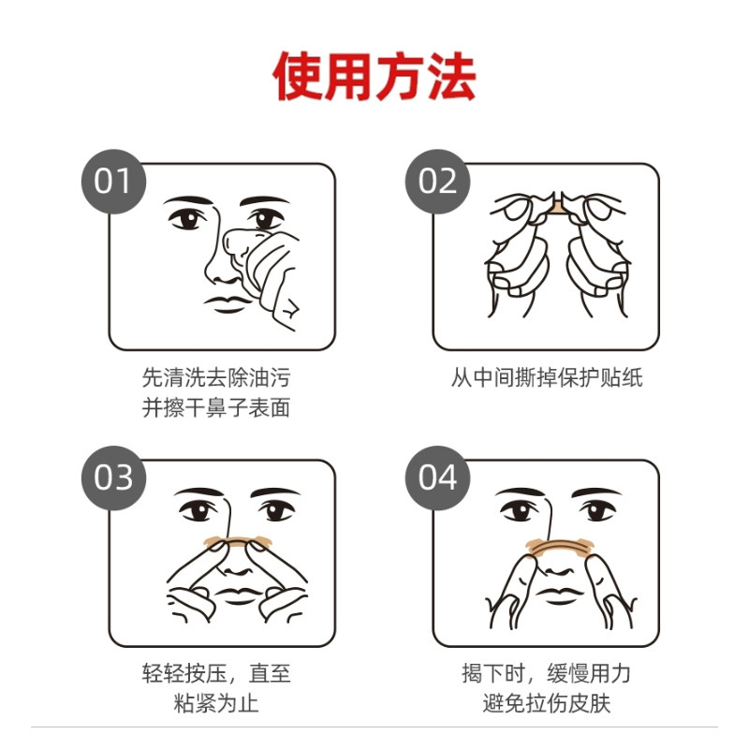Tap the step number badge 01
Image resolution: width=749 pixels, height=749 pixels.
click(x=114, y=181)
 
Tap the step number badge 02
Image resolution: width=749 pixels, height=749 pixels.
click(x=437, y=181)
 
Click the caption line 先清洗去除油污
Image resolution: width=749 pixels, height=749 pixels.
click(x=222, y=379)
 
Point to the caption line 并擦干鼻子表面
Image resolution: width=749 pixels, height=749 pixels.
click(x=222, y=409)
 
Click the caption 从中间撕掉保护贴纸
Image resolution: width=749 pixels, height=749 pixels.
click(x=547, y=379)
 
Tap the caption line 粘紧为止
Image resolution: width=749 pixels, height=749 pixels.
click(x=222, y=704)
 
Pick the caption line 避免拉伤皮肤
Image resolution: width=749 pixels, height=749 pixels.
click(x=547, y=704)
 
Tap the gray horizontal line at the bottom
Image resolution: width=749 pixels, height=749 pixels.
click(x=374, y=727)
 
